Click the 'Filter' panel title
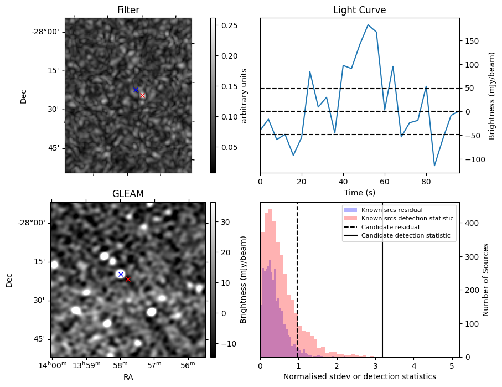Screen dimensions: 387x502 (x=128, y=10)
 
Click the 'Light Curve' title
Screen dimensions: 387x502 (x=359, y=10)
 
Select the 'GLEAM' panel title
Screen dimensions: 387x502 (x=128, y=194)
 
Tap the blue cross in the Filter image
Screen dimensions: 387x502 (x=136, y=90)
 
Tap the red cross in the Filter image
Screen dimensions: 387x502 (x=142, y=95)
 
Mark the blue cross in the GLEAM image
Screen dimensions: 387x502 (x=121, y=274)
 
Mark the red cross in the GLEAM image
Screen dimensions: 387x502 (x=128, y=279)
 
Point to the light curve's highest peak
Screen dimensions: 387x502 (x=368, y=25)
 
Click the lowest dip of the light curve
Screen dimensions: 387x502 (x=434, y=166)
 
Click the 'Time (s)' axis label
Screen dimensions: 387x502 (x=359, y=191)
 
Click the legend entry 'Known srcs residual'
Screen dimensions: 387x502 (x=392, y=210)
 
